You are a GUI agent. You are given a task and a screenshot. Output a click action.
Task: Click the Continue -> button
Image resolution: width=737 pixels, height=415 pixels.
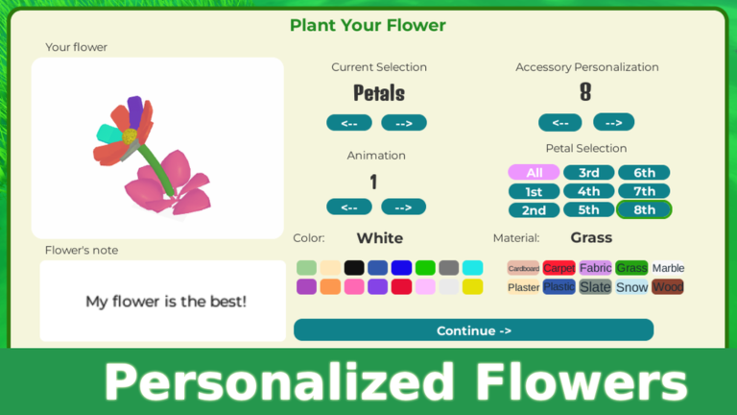(x=473, y=330)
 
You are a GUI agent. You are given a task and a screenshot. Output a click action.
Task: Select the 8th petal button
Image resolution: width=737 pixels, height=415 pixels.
(x=644, y=209)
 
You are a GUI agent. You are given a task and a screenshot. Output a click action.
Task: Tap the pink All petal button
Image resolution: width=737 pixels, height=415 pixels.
(x=534, y=172)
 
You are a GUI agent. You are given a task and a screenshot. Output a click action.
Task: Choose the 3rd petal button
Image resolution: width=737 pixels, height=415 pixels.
(x=588, y=172)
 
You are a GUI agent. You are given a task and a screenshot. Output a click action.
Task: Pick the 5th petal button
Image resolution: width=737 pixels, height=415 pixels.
(x=588, y=209)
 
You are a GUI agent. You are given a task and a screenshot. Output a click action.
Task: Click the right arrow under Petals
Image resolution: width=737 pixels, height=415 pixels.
(x=404, y=123)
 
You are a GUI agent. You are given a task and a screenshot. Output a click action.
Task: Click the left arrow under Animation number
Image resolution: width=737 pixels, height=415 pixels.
(x=349, y=207)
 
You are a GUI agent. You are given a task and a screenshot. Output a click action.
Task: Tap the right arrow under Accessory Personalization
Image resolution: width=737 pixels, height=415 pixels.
(x=614, y=122)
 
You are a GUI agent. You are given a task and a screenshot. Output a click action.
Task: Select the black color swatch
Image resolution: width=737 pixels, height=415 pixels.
(x=354, y=268)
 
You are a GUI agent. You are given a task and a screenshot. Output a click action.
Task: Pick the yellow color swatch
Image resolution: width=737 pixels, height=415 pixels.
(x=472, y=286)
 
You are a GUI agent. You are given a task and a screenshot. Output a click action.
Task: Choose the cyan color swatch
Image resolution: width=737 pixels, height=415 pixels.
(x=472, y=268)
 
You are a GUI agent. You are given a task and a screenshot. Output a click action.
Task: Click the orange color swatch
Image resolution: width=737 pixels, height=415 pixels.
(x=330, y=286)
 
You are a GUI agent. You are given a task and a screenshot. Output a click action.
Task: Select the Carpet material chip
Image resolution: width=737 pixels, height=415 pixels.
(x=559, y=268)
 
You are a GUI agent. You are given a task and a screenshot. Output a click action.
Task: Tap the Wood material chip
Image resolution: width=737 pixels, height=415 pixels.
(x=668, y=286)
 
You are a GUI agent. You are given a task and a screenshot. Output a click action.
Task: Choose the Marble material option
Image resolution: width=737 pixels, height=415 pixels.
(x=668, y=268)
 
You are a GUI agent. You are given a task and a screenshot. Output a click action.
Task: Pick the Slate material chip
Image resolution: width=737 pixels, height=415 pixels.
(x=595, y=286)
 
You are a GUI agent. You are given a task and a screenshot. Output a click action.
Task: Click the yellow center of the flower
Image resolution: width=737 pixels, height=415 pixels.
(x=130, y=136)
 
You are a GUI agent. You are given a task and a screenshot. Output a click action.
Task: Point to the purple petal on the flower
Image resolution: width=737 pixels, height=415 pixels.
(x=135, y=111)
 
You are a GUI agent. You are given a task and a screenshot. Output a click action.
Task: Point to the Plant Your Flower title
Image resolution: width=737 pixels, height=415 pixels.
(x=368, y=25)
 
